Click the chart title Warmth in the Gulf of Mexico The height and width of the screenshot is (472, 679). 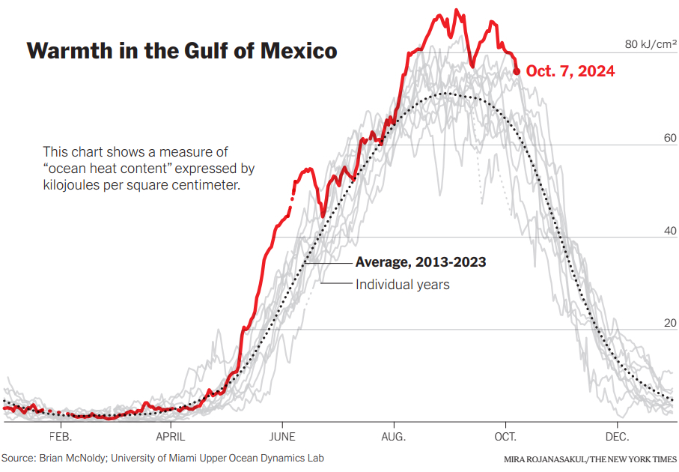[x=182, y=51]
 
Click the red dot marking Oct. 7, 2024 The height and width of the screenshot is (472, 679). [x=517, y=71]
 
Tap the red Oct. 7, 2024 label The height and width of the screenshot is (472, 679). [x=570, y=71]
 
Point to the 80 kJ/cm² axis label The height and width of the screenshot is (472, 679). [x=650, y=45]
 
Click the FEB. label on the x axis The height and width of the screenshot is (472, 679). [x=61, y=436]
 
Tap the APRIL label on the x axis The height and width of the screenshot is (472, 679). [x=171, y=436]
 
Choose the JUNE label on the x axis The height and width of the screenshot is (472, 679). [x=282, y=436]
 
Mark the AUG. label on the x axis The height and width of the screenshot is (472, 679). [x=394, y=436]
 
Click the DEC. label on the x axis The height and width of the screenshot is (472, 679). [x=617, y=436]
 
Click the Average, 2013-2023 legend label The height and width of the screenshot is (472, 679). [x=421, y=262]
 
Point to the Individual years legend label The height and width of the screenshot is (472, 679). [x=403, y=285]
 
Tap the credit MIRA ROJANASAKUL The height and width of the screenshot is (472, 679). [x=540, y=459]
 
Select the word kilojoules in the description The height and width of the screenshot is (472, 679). [x=70, y=184]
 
